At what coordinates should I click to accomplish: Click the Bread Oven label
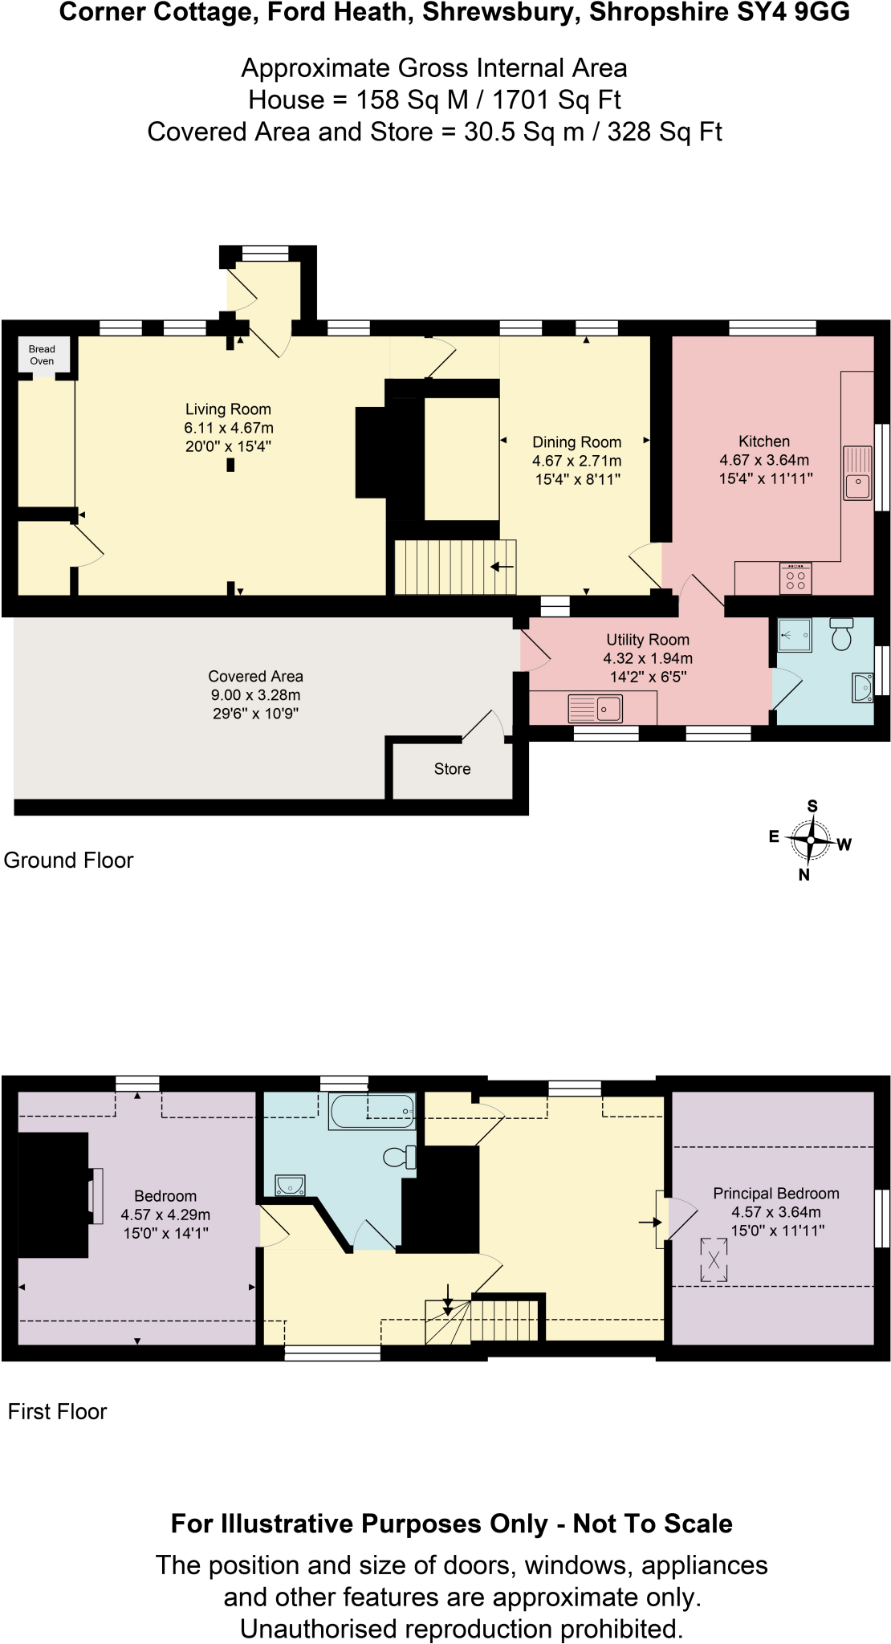click(x=42, y=355)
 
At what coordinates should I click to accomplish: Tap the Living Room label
click(x=228, y=409)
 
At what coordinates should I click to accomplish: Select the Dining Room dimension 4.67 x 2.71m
click(x=576, y=461)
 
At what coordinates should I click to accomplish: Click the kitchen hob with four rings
click(x=795, y=579)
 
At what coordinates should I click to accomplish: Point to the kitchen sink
click(x=857, y=474)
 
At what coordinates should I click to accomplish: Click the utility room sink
click(x=595, y=709)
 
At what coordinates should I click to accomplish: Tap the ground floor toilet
click(x=841, y=633)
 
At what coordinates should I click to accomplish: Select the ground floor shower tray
click(x=795, y=635)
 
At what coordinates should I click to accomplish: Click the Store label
click(x=452, y=769)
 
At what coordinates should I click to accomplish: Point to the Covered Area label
click(x=255, y=677)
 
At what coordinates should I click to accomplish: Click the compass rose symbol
click(x=811, y=840)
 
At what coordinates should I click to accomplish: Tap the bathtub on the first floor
click(x=372, y=1111)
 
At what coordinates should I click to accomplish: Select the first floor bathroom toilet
click(x=399, y=1157)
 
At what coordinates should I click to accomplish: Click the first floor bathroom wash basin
click(x=290, y=1185)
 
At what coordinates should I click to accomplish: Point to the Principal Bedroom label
click(x=775, y=1194)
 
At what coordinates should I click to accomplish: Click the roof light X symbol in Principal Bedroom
click(x=714, y=1259)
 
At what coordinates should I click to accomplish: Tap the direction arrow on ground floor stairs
click(x=502, y=567)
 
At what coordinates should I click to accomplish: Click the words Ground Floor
click(x=68, y=861)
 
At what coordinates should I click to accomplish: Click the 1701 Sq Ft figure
click(x=555, y=100)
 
